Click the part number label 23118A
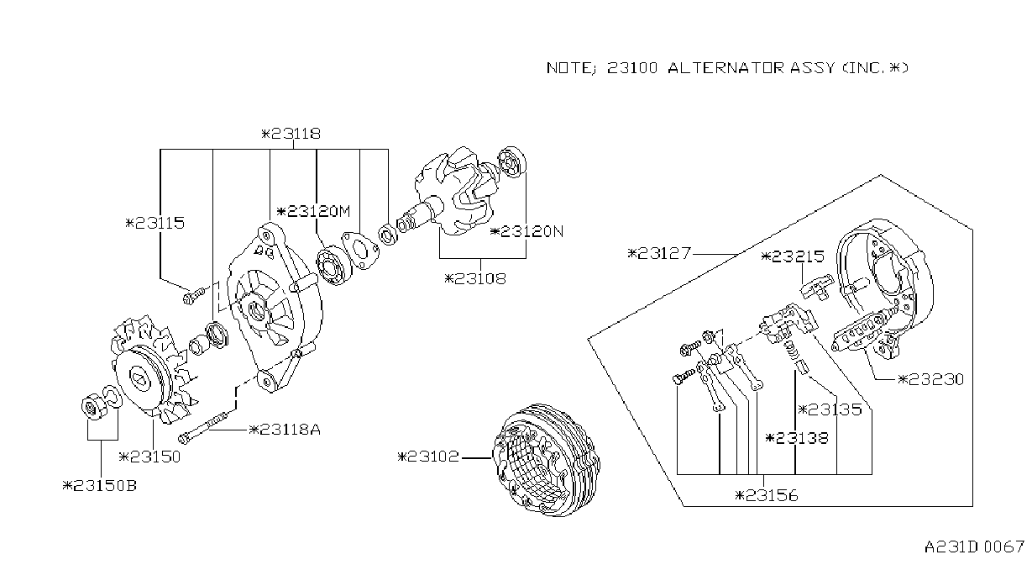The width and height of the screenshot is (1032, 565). tap(285, 430)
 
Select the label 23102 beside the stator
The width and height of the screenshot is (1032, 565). tap(428, 457)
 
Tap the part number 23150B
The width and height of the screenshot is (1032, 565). tap(100, 486)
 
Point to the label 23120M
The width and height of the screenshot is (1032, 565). tap(313, 212)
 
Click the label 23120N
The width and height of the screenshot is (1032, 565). tap(526, 231)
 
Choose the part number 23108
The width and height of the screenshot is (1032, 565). tap(475, 278)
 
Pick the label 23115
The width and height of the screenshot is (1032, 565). tap(155, 224)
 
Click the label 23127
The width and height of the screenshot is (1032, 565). tap(660, 253)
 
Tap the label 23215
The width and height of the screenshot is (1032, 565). tap(793, 256)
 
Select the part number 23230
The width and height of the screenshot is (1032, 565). tap(930, 379)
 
